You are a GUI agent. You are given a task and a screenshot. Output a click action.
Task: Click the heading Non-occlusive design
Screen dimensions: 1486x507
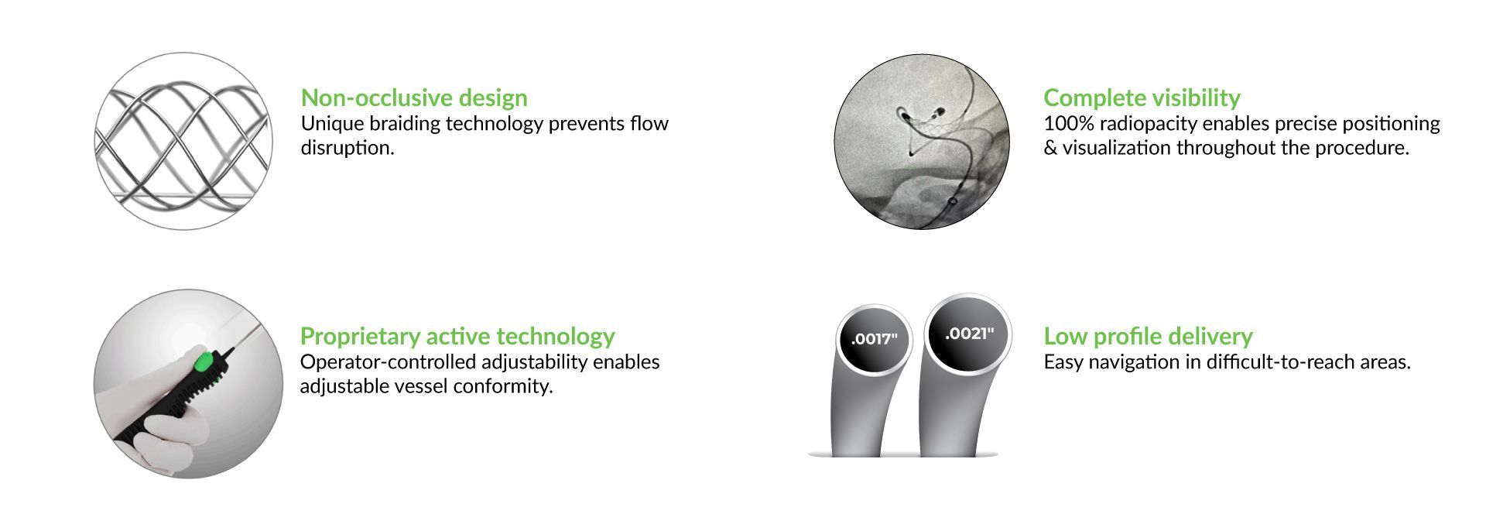tap(414, 98)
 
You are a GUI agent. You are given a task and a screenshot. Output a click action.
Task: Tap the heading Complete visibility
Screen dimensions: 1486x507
tap(1142, 98)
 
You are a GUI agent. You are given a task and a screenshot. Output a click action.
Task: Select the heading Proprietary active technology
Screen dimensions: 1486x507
tap(457, 336)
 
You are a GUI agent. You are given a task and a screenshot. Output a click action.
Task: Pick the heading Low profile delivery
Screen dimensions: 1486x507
tap(1148, 336)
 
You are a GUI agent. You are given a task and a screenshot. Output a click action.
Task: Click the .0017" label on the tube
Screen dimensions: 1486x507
tap(874, 339)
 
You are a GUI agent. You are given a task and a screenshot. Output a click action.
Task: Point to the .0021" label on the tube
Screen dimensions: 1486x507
tap(969, 334)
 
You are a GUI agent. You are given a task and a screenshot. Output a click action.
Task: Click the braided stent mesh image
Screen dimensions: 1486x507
tap(183, 140)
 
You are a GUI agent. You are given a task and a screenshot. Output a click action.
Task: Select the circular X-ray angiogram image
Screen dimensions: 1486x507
tap(922, 141)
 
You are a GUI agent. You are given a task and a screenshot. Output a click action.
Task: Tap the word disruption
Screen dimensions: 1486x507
tap(348, 148)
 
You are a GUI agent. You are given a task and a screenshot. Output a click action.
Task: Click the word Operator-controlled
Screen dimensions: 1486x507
tap(388, 362)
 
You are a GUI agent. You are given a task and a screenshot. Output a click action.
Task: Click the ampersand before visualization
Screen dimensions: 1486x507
tap(1050, 148)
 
